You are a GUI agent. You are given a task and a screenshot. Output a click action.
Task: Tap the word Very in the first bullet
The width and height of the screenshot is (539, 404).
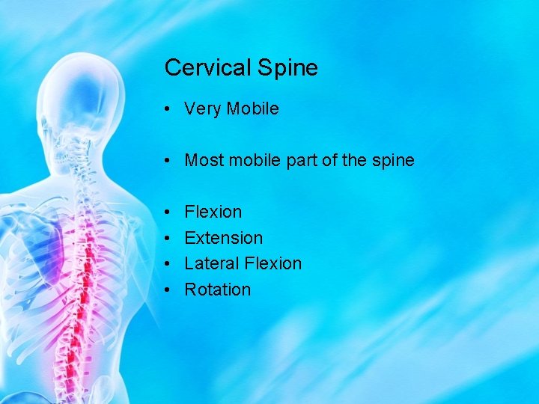202,109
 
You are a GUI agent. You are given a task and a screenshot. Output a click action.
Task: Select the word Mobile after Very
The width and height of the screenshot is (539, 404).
252,108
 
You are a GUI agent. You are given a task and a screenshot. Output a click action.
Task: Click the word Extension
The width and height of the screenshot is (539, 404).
223,238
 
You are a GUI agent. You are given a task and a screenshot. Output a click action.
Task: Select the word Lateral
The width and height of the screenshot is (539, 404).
210,263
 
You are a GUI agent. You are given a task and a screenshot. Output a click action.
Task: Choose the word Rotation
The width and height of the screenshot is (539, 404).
217,290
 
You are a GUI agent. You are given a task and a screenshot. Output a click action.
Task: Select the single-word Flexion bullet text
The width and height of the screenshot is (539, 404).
213,212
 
